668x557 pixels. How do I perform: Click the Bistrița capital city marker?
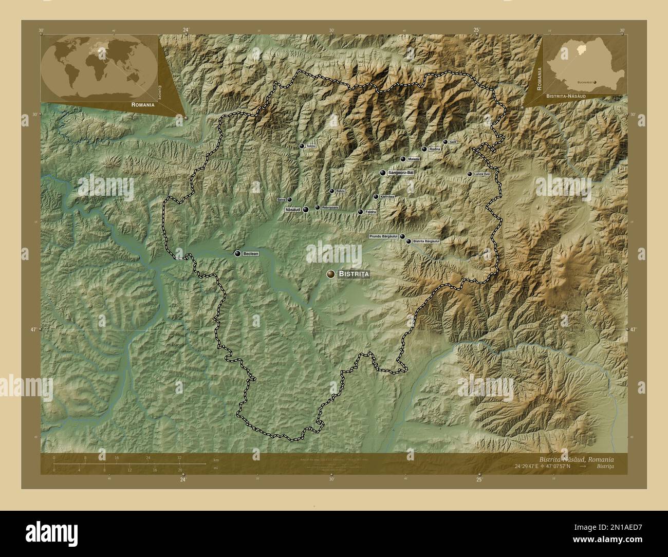point(330,274)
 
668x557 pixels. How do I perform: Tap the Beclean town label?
point(251,254)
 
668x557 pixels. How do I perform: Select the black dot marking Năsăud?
point(306,210)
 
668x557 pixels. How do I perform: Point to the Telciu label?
point(310,146)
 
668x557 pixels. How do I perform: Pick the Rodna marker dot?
point(424,149)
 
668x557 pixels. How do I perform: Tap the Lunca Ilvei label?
point(482,174)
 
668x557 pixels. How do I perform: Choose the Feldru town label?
point(370,212)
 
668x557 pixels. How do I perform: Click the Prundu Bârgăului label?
point(384,236)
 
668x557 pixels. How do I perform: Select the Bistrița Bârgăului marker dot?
point(409,241)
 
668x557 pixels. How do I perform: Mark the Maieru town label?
point(414,159)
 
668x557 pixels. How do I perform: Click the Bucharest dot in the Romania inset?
point(595,82)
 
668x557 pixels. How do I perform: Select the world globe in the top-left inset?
point(99,68)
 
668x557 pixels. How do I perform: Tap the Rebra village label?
point(340,191)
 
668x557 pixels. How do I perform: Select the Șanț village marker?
point(445,142)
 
